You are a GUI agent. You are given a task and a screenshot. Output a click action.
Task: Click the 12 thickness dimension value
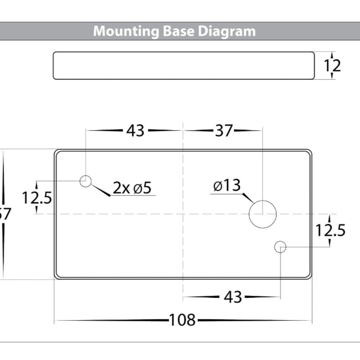(332, 66)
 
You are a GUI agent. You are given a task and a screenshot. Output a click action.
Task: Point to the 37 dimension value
(224, 131)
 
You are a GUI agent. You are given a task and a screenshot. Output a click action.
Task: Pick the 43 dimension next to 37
(135, 131)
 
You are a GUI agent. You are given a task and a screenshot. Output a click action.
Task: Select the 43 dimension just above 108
(233, 297)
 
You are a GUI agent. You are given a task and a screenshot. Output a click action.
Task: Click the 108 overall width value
(183, 320)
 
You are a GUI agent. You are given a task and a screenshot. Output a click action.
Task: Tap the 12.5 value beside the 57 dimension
(37, 198)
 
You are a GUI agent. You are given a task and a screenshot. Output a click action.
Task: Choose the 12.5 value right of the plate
(330, 231)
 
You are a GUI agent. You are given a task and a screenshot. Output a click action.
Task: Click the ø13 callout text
(227, 186)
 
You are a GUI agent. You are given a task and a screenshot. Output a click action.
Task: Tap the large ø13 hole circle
(263, 214)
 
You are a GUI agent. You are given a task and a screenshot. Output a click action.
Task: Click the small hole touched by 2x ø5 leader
(85, 181)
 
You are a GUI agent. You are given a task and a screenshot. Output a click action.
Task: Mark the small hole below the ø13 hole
(280, 247)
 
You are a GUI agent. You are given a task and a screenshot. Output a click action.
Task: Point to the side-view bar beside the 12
(183, 66)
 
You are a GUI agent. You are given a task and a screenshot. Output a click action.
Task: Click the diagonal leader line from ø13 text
(247, 198)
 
